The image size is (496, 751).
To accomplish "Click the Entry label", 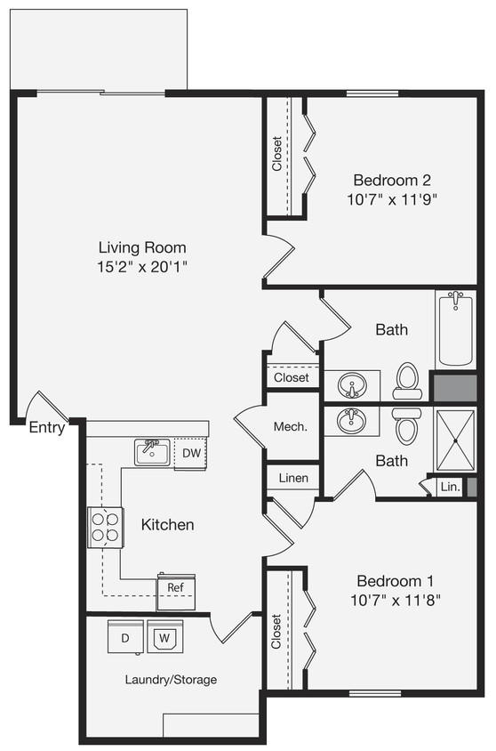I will (x=47, y=428).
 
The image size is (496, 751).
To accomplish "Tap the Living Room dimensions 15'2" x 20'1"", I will (x=142, y=266).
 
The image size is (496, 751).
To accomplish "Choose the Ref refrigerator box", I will (x=176, y=589).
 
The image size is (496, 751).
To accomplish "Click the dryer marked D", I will (x=124, y=637).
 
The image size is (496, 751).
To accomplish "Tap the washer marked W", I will (x=164, y=637).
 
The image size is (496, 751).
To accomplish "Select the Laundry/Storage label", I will (x=171, y=680).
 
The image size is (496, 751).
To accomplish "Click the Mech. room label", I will (x=290, y=426).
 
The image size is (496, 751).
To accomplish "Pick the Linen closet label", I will (x=293, y=478).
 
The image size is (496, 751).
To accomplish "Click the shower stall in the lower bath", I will (x=455, y=440).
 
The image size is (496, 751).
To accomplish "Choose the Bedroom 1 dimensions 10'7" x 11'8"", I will (x=396, y=600).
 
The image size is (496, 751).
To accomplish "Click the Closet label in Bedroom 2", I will (x=276, y=154).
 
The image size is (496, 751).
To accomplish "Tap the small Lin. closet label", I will (x=449, y=488).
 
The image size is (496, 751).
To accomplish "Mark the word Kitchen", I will (x=167, y=524).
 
